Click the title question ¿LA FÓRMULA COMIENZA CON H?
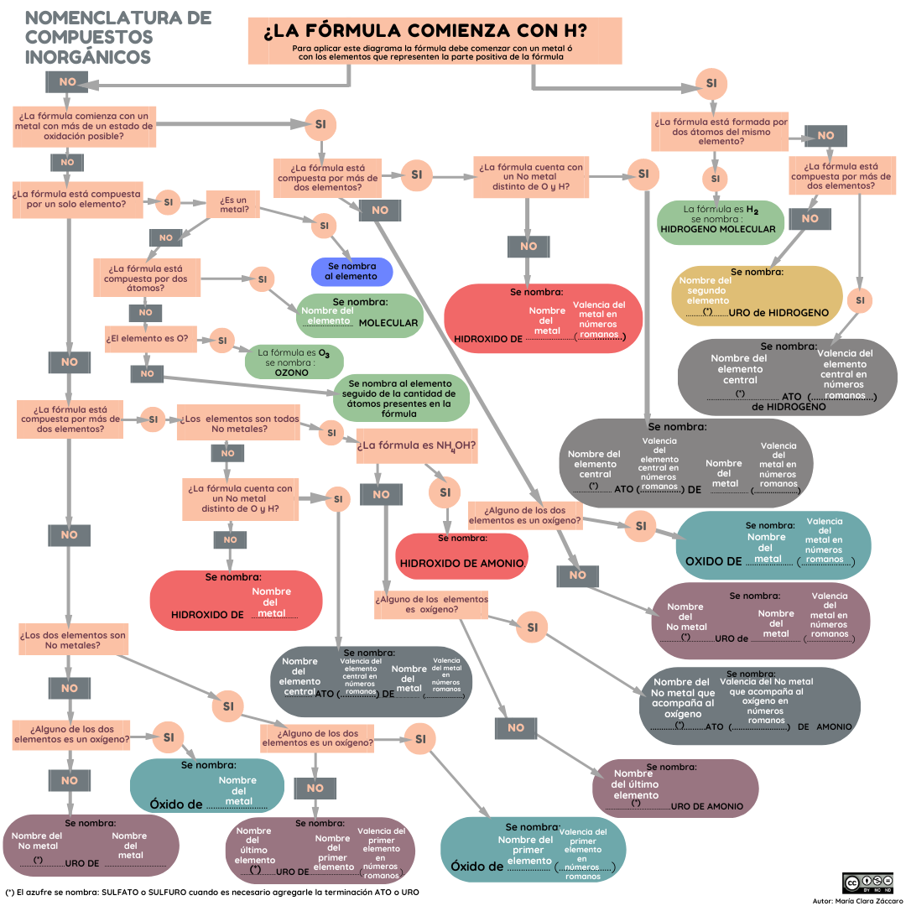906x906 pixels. click(425, 30)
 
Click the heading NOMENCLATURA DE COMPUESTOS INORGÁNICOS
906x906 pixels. click(118, 38)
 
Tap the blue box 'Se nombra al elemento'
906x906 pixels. click(351, 272)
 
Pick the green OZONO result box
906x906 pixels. click(294, 362)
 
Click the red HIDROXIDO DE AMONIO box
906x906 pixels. click(461, 556)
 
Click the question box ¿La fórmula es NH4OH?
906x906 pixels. click(417, 445)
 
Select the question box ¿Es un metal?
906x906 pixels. click(233, 205)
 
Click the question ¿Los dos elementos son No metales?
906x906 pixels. click(73, 639)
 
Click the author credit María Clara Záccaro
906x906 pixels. click(858, 900)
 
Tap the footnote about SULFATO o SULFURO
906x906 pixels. click(212, 892)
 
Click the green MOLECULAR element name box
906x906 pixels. click(359, 315)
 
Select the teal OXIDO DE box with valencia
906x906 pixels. click(773, 545)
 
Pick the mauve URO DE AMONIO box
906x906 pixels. click(675, 788)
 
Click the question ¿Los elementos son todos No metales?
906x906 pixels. click(238, 423)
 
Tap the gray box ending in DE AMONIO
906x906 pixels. click(750, 706)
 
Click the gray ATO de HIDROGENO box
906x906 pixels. click(788, 377)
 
